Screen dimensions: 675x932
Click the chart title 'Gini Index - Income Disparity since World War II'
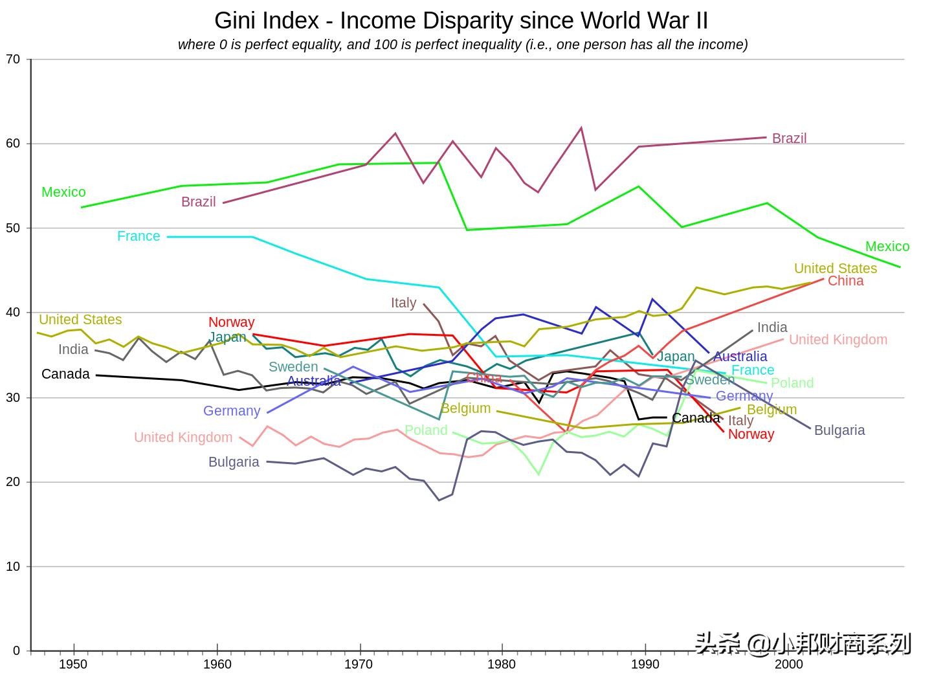(461, 21)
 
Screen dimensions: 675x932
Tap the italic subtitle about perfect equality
(463, 45)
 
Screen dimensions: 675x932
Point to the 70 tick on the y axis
(13, 60)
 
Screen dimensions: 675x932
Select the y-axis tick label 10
(13, 567)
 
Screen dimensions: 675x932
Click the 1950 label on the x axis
(72, 664)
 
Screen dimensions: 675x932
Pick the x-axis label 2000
(788, 664)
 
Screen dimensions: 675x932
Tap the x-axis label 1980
(502, 664)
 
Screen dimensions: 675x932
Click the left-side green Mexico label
(63, 192)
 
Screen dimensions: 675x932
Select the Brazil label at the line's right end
(789, 138)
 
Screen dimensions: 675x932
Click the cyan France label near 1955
(139, 236)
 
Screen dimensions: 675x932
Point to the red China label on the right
(845, 281)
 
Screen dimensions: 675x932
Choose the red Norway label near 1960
(231, 322)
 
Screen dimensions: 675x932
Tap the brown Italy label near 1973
(403, 303)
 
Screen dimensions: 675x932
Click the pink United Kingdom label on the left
(183, 437)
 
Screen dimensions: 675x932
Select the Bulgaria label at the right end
(839, 430)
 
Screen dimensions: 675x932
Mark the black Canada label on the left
(65, 374)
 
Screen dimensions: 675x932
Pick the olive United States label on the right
(835, 269)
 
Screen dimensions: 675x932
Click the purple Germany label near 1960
(232, 411)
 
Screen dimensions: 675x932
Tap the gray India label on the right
(772, 327)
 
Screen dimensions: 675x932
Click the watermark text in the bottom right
(803, 643)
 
